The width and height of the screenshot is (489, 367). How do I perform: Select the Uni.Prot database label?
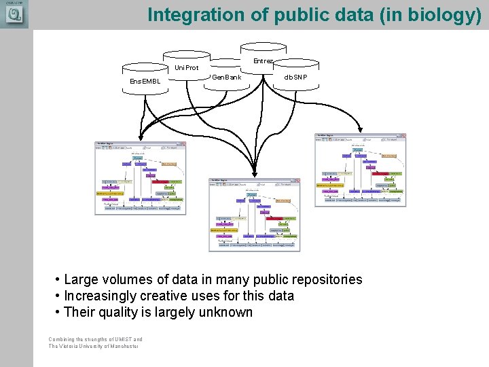click(x=187, y=68)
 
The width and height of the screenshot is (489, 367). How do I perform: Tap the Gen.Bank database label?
click(x=226, y=77)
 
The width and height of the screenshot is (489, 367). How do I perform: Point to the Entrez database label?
click(x=264, y=61)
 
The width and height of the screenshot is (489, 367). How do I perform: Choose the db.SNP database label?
click(x=295, y=77)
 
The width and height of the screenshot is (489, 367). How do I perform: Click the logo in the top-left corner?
click(x=14, y=14)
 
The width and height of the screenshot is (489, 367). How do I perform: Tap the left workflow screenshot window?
click(x=140, y=178)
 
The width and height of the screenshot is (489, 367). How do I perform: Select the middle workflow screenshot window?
click(x=254, y=215)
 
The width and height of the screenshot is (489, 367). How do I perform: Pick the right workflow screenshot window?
click(x=361, y=169)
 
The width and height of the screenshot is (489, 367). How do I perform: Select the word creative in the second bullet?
click(x=171, y=296)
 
